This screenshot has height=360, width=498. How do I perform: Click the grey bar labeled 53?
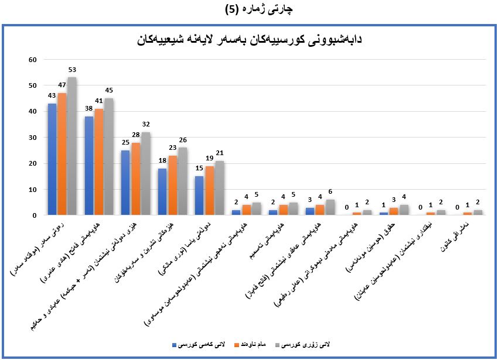tap(71, 146)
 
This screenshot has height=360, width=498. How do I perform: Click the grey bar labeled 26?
tap(182, 181)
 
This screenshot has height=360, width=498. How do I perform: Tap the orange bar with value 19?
tap(209, 191)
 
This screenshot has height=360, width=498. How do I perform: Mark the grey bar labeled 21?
tap(219, 188)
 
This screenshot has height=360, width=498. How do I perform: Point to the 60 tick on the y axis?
tap(33, 60)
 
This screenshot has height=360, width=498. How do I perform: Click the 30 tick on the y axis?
tap(33, 138)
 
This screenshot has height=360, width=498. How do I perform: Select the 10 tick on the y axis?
tap(33, 190)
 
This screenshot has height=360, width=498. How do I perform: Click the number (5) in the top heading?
tap(233, 9)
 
